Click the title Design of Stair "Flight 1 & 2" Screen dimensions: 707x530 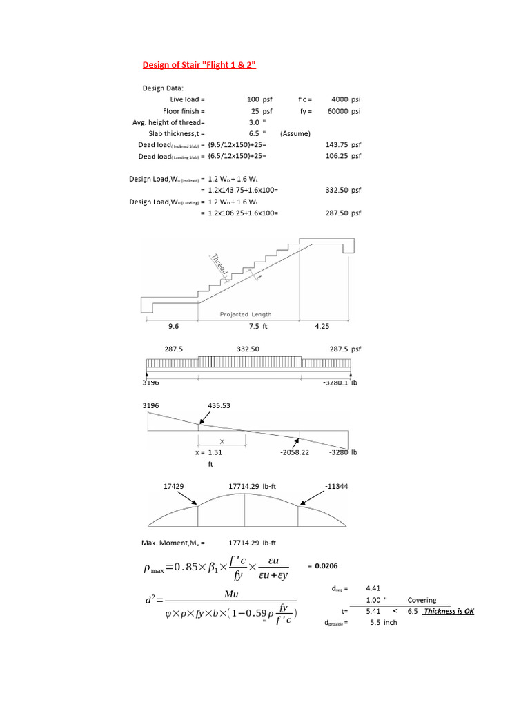(x=199, y=65)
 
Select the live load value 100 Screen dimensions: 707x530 (x=253, y=99)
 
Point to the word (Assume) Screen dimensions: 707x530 (x=295, y=133)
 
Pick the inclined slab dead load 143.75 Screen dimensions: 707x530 (x=335, y=145)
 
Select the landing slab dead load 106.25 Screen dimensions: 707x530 (x=335, y=156)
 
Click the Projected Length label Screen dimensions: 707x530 (x=246, y=314)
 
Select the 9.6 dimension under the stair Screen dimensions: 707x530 (x=173, y=327)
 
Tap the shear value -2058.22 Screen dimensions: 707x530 (x=295, y=452)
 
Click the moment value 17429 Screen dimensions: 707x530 (x=173, y=486)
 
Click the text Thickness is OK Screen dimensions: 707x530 (x=449, y=612)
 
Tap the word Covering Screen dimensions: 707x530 (x=422, y=601)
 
